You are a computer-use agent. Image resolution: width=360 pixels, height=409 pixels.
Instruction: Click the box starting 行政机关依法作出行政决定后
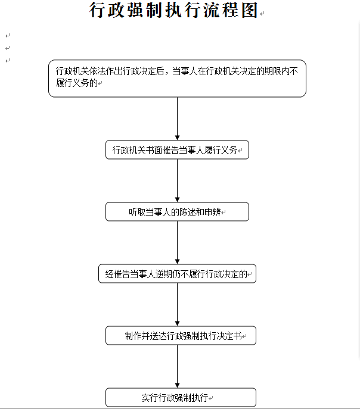(x=177, y=78)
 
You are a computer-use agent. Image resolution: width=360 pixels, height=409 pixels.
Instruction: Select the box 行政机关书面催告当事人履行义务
(x=177, y=150)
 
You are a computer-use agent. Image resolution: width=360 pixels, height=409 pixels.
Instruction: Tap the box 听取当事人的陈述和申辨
(x=177, y=212)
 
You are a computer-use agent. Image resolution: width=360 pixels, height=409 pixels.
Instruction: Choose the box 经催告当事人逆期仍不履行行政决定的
(x=177, y=274)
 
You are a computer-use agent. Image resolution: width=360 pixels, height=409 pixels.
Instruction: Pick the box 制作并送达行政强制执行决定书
(x=181, y=336)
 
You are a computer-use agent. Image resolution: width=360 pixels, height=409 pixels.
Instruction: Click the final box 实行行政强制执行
(x=181, y=398)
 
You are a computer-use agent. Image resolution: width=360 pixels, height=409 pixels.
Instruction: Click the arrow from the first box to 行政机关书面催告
(x=178, y=119)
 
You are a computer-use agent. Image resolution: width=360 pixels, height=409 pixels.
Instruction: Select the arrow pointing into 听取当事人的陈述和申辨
(x=178, y=181)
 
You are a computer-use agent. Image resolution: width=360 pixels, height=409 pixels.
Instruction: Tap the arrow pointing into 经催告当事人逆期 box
(x=178, y=243)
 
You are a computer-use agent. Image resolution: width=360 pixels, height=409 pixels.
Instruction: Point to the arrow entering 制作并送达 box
(x=178, y=305)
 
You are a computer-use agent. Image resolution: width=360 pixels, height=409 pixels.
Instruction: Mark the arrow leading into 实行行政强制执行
(x=178, y=367)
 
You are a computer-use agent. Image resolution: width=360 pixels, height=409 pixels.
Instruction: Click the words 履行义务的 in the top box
(x=76, y=83)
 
